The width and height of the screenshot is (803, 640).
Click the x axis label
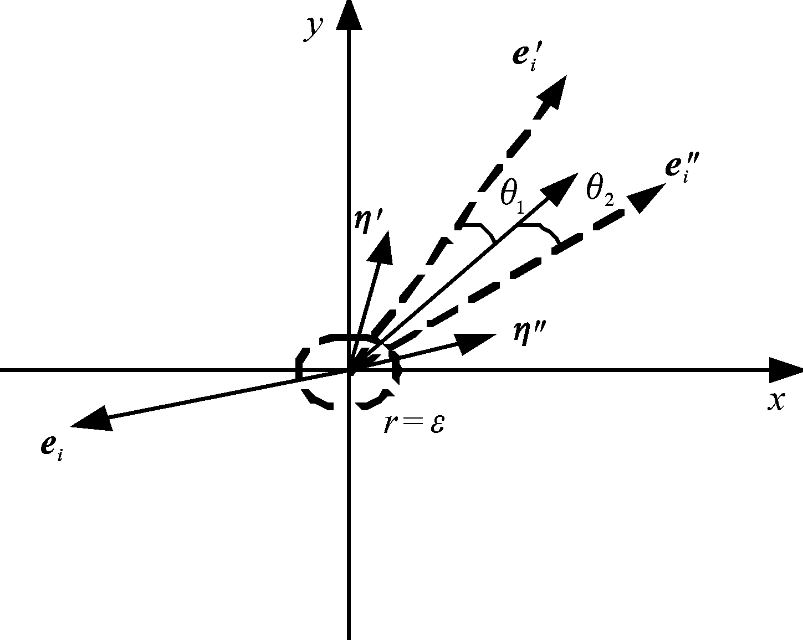(x=776, y=401)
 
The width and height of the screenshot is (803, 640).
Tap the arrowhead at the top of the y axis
(x=349, y=14)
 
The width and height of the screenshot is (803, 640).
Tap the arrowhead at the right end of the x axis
(x=785, y=370)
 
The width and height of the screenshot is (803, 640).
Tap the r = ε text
(x=414, y=425)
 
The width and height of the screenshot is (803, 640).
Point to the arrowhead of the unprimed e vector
(x=92, y=419)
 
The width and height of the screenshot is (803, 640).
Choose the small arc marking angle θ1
(x=482, y=231)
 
